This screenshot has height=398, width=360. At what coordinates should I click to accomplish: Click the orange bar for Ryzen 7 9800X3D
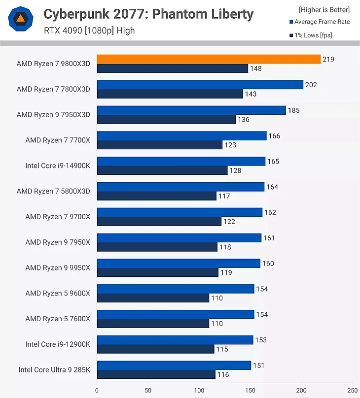tap(209, 59)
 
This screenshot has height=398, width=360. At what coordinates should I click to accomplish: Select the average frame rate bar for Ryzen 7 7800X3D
tap(200, 85)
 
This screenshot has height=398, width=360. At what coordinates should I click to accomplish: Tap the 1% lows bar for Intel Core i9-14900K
tap(162, 170)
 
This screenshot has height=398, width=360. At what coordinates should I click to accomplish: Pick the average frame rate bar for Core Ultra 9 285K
tap(174, 365)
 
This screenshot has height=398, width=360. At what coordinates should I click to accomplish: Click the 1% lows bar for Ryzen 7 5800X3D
tap(156, 196)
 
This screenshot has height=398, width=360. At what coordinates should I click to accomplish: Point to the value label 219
tap(328, 60)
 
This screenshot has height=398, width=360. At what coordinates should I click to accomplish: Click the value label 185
tap(294, 110)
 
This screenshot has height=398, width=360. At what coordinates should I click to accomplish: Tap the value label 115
tap(222, 349)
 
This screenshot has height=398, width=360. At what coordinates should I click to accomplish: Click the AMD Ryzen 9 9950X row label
tap(58, 267)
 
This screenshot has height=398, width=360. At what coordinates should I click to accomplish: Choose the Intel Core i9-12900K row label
tap(58, 344)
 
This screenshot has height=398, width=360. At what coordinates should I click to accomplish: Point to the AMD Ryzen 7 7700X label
tap(58, 140)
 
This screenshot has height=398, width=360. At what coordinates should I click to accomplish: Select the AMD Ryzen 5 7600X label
tap(58, 319)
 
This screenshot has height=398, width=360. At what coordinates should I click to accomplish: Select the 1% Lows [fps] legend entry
tap(316, 35)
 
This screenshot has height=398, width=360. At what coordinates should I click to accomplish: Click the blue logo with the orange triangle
tap(21, 20)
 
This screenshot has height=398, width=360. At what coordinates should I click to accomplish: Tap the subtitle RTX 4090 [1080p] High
tap(89, 31)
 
